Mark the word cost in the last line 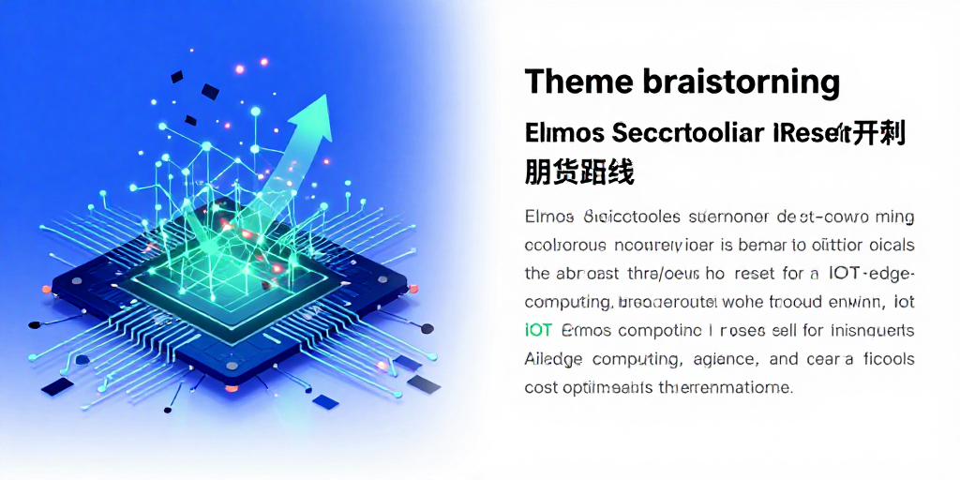[x=541, y=386]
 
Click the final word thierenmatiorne [x=730, y=386]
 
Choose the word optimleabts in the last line [x=610, y=386]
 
